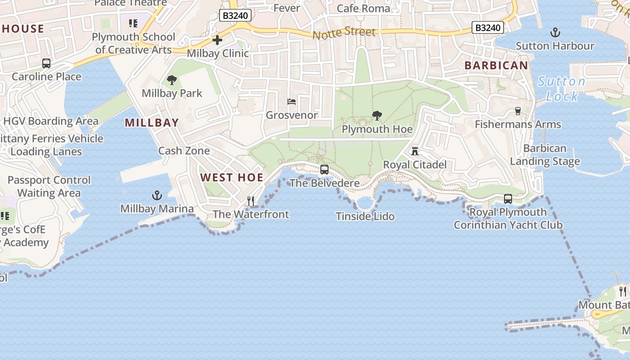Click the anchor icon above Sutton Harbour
click(x=555, y=32)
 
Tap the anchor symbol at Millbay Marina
click(x=157, y=195)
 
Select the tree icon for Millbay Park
click(x=171, y=80)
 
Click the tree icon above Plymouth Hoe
click(x=377, y=116)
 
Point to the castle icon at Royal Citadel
click(x=415, y=151)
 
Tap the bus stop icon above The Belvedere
click(x=324, y=170)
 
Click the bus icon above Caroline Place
click(x=46, y=63)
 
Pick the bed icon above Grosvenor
click(x=292, y=102)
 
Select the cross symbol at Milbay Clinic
click(x=217, y=40)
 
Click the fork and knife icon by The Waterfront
click(x=251, y=201)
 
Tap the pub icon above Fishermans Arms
click(x=517, y=111)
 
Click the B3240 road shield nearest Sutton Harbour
click(x=488, y=27)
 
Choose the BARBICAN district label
click(x=496, y=65)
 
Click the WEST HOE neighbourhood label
click(x=232, y=177)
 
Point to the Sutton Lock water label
click(x=562, y=89)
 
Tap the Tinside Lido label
click(x=365, y=216)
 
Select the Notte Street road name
click(x=344, y=33)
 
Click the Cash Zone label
click(x=184, y=151)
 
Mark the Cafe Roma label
click(x=364, y=8)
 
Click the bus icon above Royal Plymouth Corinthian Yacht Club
click(x=508, y=198)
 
